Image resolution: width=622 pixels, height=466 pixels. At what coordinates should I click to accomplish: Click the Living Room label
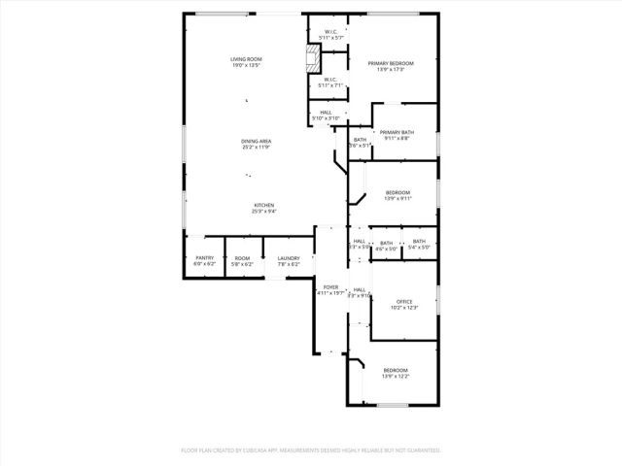point(247,59)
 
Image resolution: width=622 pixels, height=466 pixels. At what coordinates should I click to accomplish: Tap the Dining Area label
point(257,142)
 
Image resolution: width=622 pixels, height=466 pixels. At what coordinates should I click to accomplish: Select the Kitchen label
point(264,205)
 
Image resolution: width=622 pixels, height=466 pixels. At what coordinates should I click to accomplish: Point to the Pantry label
point(203,258)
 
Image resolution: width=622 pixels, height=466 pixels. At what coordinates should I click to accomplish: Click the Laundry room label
point(289,258)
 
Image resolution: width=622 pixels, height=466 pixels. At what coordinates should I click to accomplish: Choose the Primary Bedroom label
point(391,63)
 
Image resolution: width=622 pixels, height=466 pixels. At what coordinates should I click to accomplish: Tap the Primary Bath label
point(397,132)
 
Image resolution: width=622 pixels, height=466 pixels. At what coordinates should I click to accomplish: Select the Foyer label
point(331,287)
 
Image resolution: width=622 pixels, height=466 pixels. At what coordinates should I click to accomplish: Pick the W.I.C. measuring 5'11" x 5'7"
point(331,33)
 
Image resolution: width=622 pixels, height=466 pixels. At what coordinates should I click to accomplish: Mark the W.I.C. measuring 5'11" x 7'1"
point(331,80)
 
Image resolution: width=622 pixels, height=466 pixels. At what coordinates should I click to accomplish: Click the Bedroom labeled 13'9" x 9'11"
point(397,192)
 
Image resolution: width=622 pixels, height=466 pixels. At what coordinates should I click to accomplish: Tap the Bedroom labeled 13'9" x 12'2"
point(396,370)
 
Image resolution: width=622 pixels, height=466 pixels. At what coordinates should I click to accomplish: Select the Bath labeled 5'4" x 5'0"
point(419,242)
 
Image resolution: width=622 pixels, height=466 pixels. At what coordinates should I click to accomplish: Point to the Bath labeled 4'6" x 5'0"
point(387,243)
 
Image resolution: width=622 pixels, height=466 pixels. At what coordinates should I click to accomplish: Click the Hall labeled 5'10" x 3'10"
point(327,112)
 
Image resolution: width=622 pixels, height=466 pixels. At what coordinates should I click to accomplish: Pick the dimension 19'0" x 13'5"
point(247,66)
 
